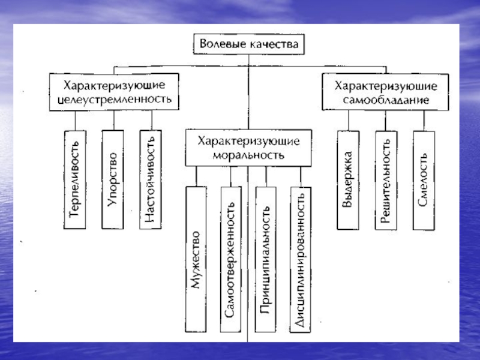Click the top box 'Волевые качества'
248,44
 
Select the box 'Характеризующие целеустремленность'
114,92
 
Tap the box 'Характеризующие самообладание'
385,92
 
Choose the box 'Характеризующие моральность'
248,148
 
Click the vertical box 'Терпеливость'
74,179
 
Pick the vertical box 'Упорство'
113,179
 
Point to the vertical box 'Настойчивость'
151,179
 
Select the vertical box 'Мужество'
196,259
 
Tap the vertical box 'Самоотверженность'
231,259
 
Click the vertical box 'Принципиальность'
265,259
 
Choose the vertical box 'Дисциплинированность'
301,259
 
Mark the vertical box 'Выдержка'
348,181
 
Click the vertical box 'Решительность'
386,181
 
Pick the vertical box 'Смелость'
424,181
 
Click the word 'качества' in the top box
274,44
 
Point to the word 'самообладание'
386,100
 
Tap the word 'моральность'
248,155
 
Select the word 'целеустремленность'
115,99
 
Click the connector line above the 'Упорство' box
114,121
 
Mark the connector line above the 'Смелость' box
424,121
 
